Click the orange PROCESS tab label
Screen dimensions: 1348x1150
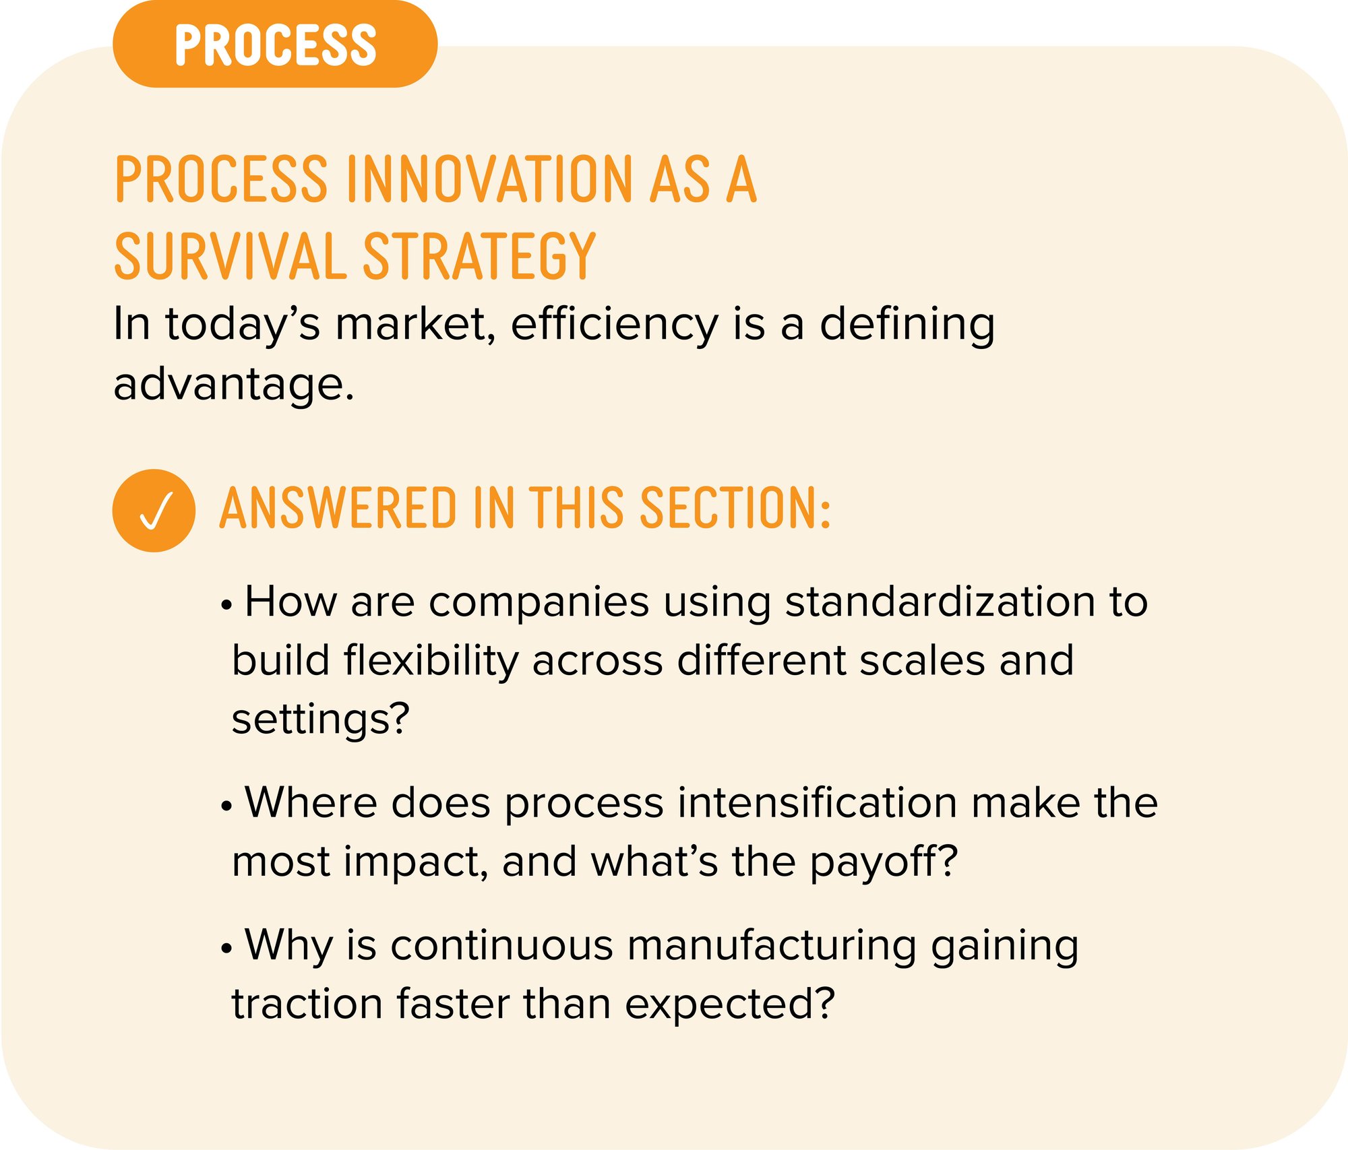click(275, 44)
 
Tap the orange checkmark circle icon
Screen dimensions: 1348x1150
click(154, 511)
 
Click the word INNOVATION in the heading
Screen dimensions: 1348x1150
click(489, 179)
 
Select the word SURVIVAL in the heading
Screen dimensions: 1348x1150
click(230, 255)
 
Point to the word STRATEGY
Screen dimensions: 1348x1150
click(479, 255)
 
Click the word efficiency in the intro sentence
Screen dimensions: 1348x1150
click(614, 325)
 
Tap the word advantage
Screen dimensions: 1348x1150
click(234, 385)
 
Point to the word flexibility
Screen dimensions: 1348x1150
click(431, 661)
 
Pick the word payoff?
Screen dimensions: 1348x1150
click(884, 862)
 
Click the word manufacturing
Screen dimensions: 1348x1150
click(772, 946)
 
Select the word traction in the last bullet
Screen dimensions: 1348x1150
click(307, 1004)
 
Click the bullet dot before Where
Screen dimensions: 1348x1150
click(226, 806)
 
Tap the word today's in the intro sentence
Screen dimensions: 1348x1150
click(243, 325)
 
